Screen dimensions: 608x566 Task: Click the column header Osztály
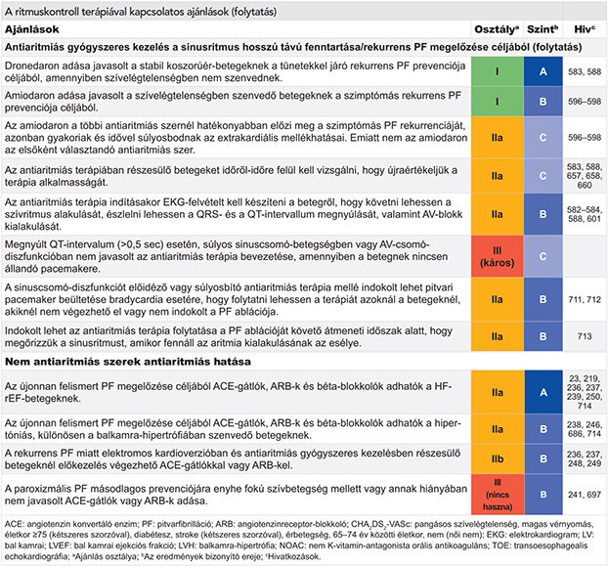click(x=497, y=29)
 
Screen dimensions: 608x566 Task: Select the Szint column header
click(x=543, y=29)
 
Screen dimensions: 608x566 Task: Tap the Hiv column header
click(x=585, y=29)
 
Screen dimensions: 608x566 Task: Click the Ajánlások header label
click(x=32, y=29)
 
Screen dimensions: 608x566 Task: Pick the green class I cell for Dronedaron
click(x=498, y=71)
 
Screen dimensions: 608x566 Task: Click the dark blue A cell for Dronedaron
click(x=543, y=71)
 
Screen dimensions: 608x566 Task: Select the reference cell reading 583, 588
click(x=585, y=71)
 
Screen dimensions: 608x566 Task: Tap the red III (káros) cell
click(x=498, y=256)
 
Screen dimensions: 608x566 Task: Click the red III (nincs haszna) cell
click(x=498, y=495)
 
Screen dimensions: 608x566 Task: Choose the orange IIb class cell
click(x=498, y=458)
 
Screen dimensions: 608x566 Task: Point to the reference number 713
click(x=585, y=336)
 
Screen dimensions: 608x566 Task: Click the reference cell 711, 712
click(x=585, y=299)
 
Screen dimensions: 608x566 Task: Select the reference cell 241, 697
click(x=585, y=495)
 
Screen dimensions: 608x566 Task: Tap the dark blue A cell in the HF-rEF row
click(x=543, y=392)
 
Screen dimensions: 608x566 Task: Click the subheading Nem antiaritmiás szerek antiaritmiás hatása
click(x=128, y=362)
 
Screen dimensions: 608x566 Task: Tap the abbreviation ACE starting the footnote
click(x=13, y=524)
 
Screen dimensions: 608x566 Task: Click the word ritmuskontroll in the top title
click(x=47, y=12)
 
